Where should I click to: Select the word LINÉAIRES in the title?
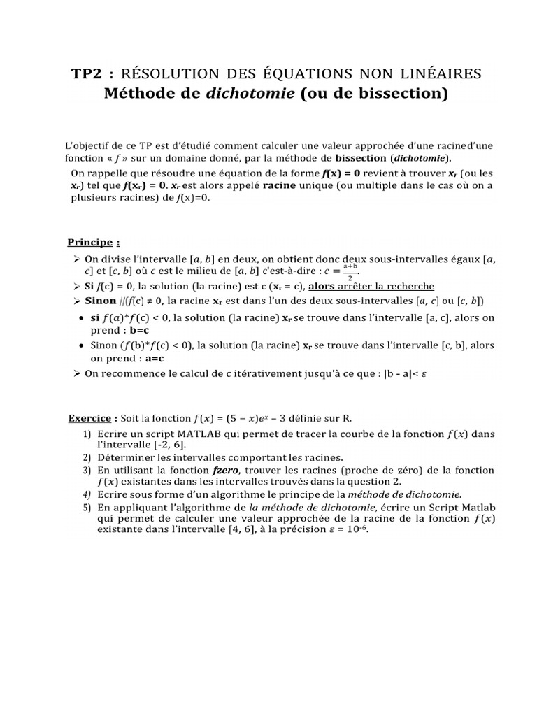[x=439, y=73]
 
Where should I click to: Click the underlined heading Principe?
[x=89, y=243]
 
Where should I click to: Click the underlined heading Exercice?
[x=89, y=419]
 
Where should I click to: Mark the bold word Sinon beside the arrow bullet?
[x=101, y=301]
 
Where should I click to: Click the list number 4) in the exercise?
[x=87, y=494]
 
